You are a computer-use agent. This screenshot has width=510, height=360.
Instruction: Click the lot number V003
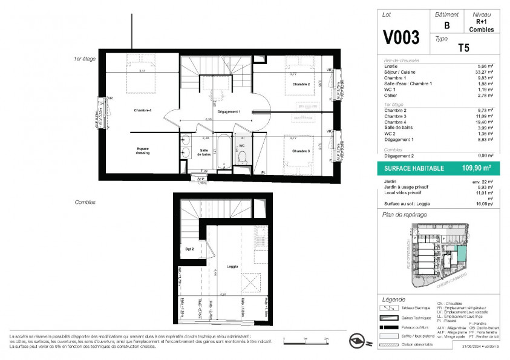[x=401, y=38]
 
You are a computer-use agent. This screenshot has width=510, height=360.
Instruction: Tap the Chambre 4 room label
[x=143, y=111]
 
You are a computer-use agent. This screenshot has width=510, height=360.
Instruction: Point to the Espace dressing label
[x=143, y=151]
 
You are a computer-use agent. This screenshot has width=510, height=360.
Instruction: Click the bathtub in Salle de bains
[x=223, y=151]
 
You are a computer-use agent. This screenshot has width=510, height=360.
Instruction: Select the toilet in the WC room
[x=242, y=157]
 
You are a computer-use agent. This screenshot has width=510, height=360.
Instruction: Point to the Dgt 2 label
[x=189, y=249]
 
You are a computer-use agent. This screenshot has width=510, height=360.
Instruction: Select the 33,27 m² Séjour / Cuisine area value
[x=485, y=72]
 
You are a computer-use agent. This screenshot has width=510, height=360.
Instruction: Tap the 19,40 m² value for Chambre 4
[x=485, y=121]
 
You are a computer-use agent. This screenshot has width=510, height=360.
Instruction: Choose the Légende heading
[x=394, y=300]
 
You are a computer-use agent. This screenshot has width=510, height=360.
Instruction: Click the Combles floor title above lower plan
[x=84, y=202]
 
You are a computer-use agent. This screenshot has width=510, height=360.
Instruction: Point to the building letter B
[x=446, y=25]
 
